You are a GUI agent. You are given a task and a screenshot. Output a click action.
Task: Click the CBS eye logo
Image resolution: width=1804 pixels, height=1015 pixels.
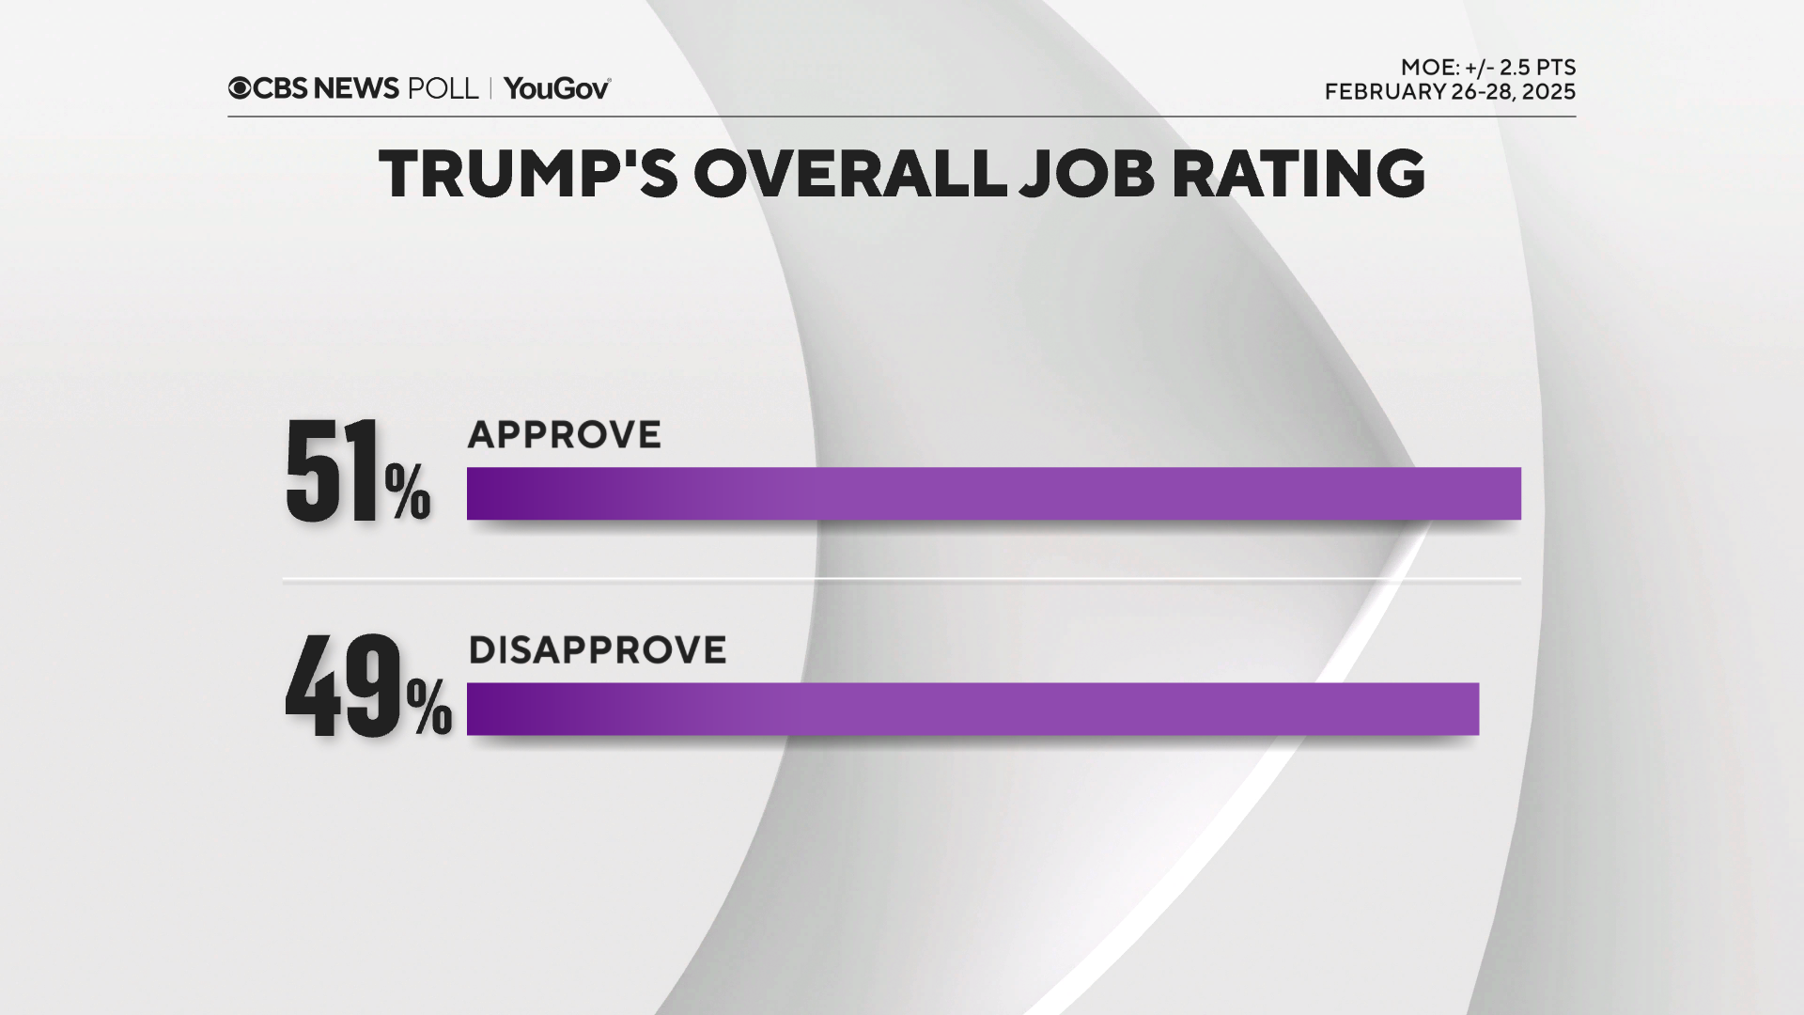pyautogui.click(x=240, y=88)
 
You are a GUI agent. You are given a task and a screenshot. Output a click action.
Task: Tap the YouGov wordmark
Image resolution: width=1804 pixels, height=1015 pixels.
pyautogui.click(x=557, y=88)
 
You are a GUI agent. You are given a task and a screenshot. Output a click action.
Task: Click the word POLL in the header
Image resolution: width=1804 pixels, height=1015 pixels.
pyautogui.click(x=443, y=88)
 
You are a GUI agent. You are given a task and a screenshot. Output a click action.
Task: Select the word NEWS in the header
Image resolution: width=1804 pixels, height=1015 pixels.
pyautogui.click(x=356, y=88)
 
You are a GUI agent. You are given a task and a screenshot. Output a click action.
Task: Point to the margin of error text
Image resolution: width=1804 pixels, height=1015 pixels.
pyautogui.click(x=1487, y=68)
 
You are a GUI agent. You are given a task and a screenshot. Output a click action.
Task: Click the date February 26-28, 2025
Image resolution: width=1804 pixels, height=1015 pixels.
pyautogui.click(x=1450, y=92)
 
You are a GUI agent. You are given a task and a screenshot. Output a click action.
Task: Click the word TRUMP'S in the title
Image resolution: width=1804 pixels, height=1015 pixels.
pyautogui.click(x=527, y=174)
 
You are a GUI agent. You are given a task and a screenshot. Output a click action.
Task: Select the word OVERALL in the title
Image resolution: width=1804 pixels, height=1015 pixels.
pyautogui.click(x=850, y=174)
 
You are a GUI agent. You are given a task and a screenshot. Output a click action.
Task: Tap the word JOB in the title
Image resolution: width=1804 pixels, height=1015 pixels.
pyautogui.click(x=1087, y=174)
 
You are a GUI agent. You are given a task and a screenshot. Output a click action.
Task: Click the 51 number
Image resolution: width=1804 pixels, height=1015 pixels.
pyautogui.click(x=332, y=472)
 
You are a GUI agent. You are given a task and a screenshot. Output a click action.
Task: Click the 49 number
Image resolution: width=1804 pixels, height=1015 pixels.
pyautogui.click(x=343, y=686)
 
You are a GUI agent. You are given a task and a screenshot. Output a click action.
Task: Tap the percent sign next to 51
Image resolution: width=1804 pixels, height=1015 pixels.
pyautogui.click(x=408, y=492)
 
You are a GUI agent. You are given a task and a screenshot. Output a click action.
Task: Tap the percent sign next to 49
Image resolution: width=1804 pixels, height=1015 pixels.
pyautogui.click(x=429, y=707)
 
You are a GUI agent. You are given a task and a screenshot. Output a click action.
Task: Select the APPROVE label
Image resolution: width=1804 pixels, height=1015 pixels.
pyautogui.click(x=564, y=435)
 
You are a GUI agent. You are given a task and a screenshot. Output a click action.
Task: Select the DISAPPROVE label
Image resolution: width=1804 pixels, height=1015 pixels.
pyautogui.click(x=597, y=650)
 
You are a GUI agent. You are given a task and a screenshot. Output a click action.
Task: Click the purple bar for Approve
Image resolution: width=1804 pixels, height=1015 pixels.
pyautogui.click(x=993, y=493)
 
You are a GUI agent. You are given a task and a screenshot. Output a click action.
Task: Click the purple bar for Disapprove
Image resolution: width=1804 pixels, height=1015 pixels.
pyautogui.click(x=972, y=709)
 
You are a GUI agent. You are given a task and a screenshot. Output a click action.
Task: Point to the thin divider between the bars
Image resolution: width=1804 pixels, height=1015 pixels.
pyautogui.click(x=902, y=581)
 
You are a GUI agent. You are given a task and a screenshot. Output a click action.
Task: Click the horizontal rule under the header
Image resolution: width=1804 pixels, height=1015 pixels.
pyautogui.click(x=902, y=117)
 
